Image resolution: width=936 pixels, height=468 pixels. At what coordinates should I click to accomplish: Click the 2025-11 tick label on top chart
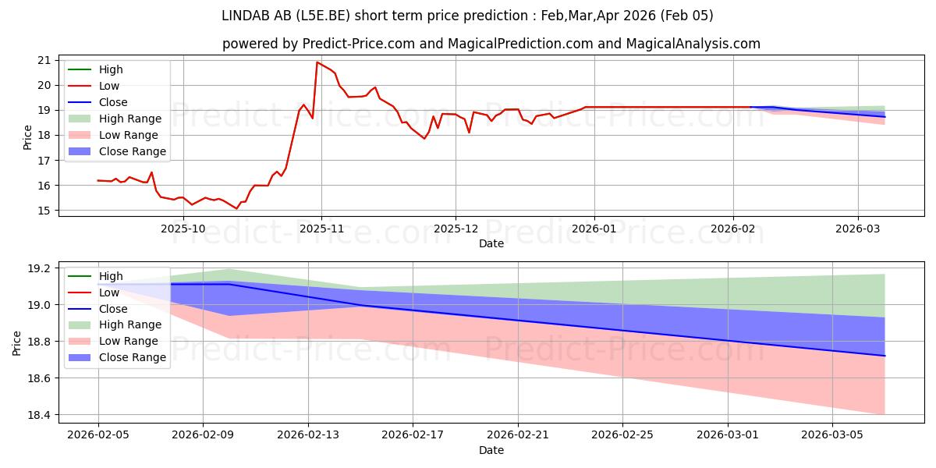coord(321,229)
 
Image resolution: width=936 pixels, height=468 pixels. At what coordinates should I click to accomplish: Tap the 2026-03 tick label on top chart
coord(858,229)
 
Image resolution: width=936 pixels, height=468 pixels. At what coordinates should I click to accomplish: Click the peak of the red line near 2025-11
coord(317,62)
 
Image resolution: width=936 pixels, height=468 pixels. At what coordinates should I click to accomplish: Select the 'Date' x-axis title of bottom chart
coord(491,451)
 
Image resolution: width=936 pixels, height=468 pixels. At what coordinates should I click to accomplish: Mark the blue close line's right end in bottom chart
coord(885,356)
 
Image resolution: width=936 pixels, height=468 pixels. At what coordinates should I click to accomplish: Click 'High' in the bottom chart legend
coord(111,276)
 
